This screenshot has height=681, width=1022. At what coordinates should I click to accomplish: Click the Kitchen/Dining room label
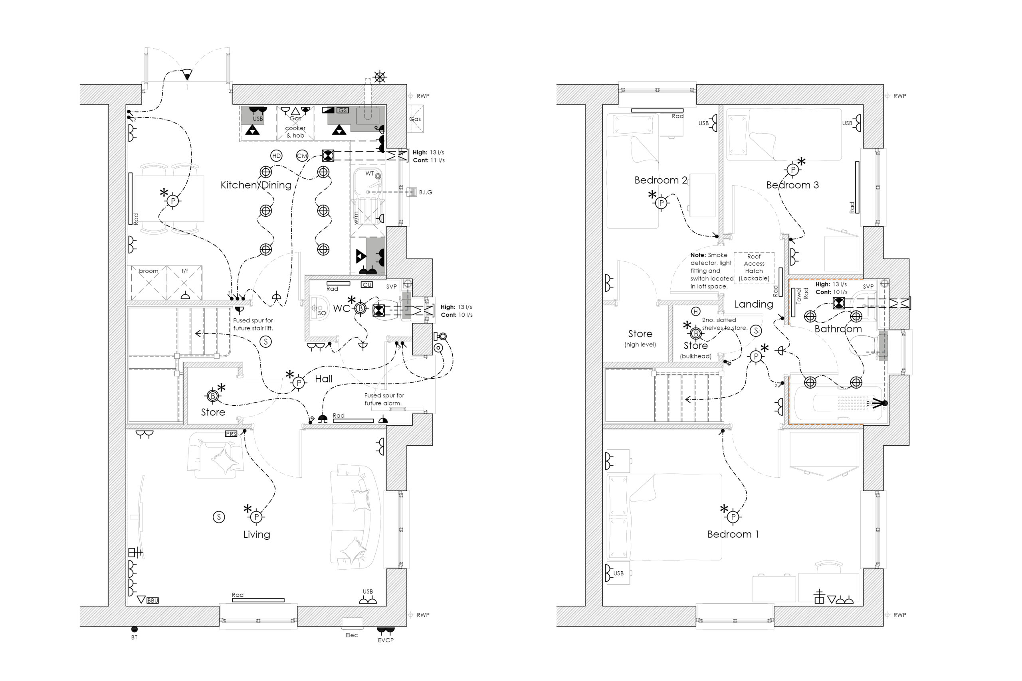(x=256, y=185)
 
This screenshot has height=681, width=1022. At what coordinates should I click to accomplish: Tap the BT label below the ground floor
(x=134, y=637)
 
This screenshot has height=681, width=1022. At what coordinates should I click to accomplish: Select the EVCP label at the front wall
(x=385, y=640)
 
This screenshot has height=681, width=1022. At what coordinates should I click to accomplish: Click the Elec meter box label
(x=352, y=635)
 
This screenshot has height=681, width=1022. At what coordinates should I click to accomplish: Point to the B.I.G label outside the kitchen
(x=426, y=192)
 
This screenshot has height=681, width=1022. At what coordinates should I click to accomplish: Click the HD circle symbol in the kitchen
(x=276, y=156)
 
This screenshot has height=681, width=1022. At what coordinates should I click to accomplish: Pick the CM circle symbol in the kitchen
(x=302, y=156)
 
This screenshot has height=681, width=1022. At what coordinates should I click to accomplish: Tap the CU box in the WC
(x=367, y=285)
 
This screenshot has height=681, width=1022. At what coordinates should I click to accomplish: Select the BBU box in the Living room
(x=153, y=600)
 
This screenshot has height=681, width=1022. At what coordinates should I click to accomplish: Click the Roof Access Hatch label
(x=754, y=267)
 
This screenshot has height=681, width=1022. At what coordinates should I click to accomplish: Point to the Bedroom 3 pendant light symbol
(x=792, y=170)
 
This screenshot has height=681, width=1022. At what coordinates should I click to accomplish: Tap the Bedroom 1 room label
(x=733, y=534)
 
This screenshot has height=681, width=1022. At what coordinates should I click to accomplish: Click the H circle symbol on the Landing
(x=696, y=312)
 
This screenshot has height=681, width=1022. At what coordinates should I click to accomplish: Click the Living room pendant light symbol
(x=256, y=517)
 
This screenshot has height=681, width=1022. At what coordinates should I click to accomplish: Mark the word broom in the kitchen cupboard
(x=149, y=270)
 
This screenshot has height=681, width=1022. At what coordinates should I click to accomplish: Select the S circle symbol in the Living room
(x=219, y=517)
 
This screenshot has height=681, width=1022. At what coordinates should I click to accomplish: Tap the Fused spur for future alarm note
(x=384, y=399)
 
